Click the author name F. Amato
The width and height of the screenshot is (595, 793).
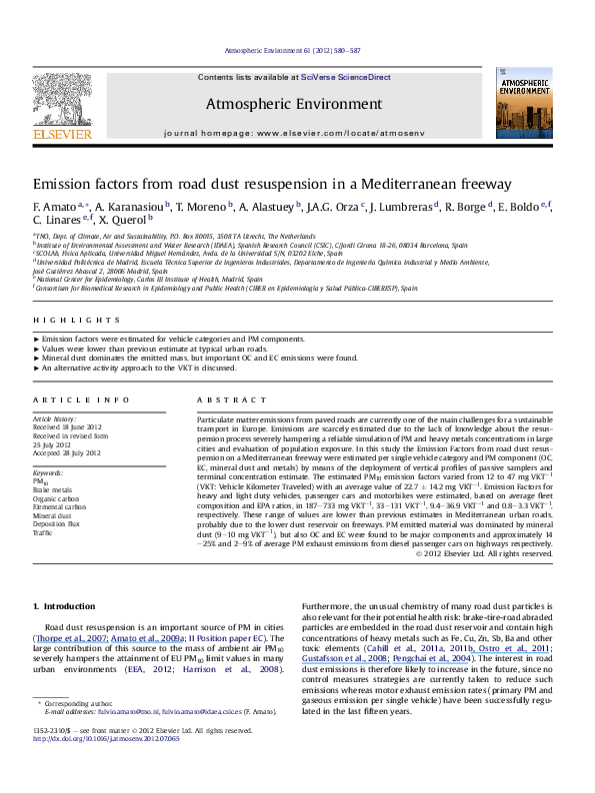coord(54,208)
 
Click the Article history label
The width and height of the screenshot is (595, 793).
coord(55,417)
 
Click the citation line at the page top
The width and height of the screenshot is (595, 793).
coord(297,49)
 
